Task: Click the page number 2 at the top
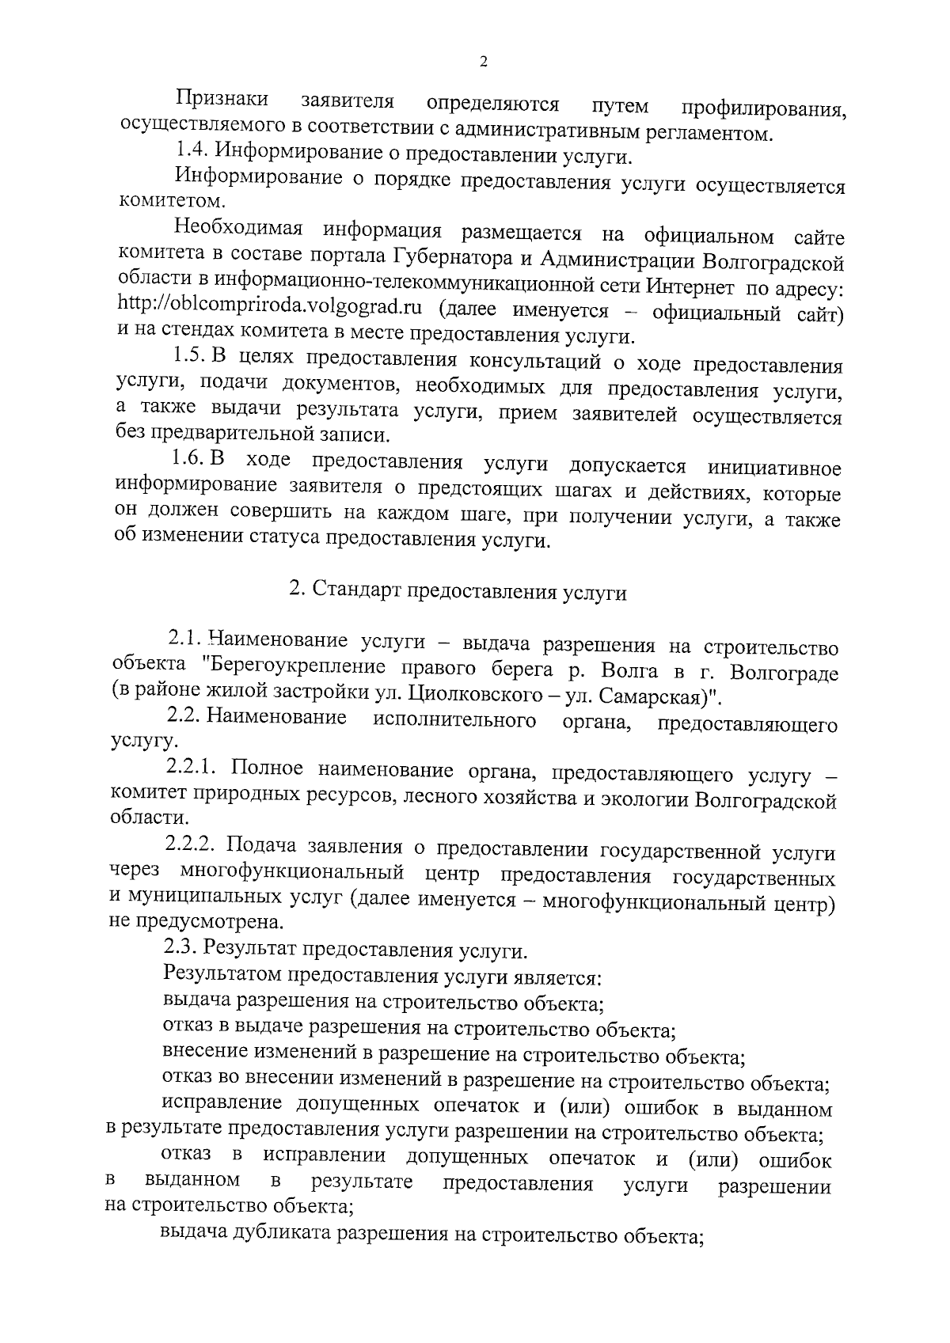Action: coord(483,63)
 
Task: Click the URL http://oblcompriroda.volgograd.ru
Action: coord(268,307)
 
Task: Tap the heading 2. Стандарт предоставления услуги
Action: coord(458,592)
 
